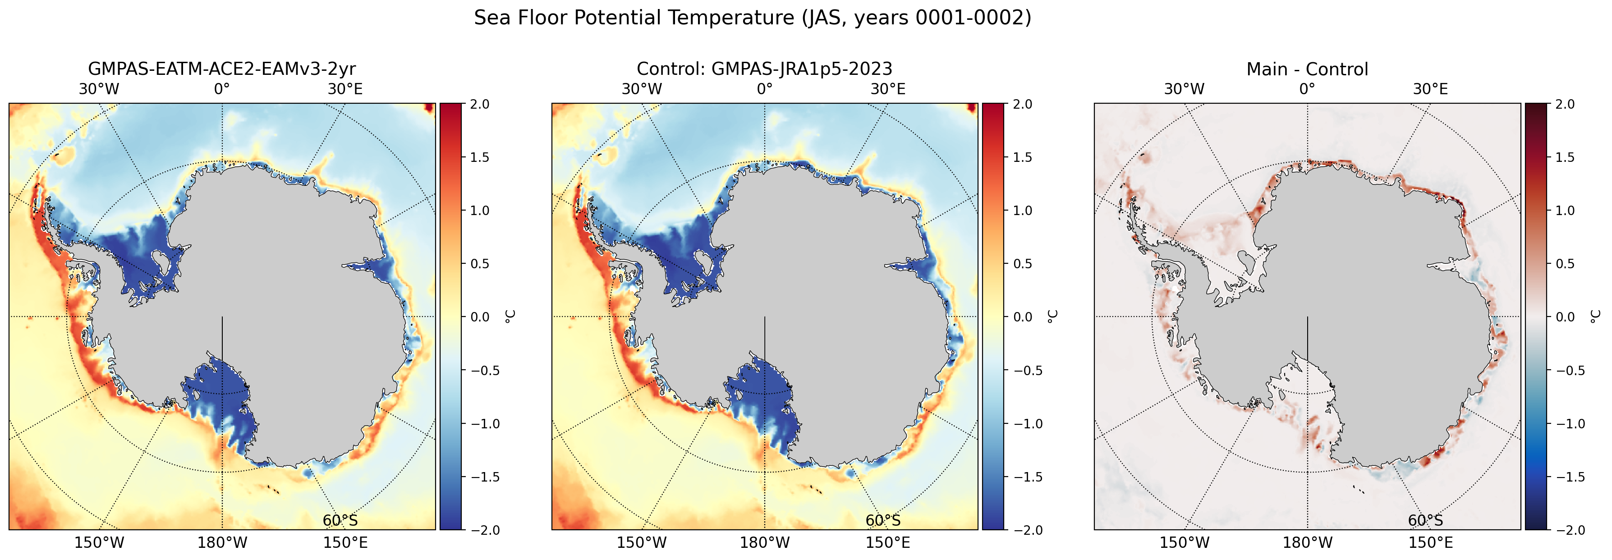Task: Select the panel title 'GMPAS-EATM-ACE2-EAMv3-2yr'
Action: tap(222, 69)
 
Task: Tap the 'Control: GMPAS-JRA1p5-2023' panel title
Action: tap(765, 69)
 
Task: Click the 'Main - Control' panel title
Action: tap(1307, 69)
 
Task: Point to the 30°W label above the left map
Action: tap(99, 89)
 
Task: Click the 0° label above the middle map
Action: tap(765, 89)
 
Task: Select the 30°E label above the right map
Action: tap(1431, 89)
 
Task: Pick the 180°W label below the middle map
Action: tap(765, 542)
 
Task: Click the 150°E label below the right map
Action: tap(1431, 542)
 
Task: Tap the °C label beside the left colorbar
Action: tap(510, 317)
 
